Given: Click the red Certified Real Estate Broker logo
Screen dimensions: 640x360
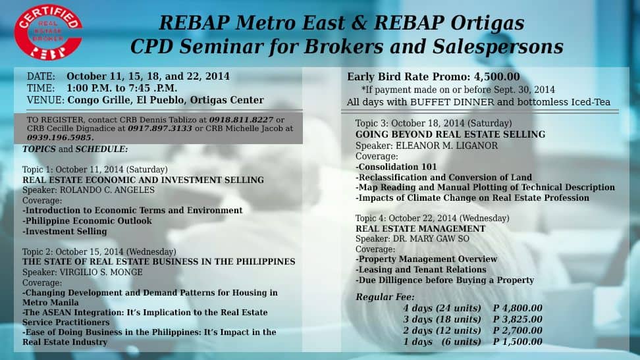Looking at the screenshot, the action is [x=48, y=32].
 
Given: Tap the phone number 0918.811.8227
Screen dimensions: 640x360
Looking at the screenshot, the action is [x=241, y=120].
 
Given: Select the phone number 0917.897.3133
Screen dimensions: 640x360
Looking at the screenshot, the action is [x=159, y=128].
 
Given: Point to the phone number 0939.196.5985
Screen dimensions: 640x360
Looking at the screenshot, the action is [x=61, y=138].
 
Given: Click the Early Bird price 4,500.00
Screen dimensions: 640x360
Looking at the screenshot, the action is [x=496, y=77].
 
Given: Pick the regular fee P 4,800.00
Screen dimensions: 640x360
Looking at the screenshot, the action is [x=518, y=308].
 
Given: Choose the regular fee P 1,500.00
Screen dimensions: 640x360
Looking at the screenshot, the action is [x=518, y=342].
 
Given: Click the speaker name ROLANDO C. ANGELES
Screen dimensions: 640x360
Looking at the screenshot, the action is [x=107, y=190].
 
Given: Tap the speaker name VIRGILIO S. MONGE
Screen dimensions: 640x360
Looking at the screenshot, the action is [x=101, y=272].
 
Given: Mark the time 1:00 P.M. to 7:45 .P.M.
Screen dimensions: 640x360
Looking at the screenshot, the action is [x=122, y=88].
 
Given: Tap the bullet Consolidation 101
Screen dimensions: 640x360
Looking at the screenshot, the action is [x=396, y=167].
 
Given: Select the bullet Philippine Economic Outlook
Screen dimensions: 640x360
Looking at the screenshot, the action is [x=87, y=221].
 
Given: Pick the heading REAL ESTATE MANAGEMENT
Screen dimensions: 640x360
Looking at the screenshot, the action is [x=420, y=228].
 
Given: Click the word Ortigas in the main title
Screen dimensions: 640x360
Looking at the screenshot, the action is [x=487, y=23].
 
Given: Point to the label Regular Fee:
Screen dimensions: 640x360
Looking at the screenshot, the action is [x=385, y=297].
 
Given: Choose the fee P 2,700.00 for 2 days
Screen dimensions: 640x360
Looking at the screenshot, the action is [x=518, y=330].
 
